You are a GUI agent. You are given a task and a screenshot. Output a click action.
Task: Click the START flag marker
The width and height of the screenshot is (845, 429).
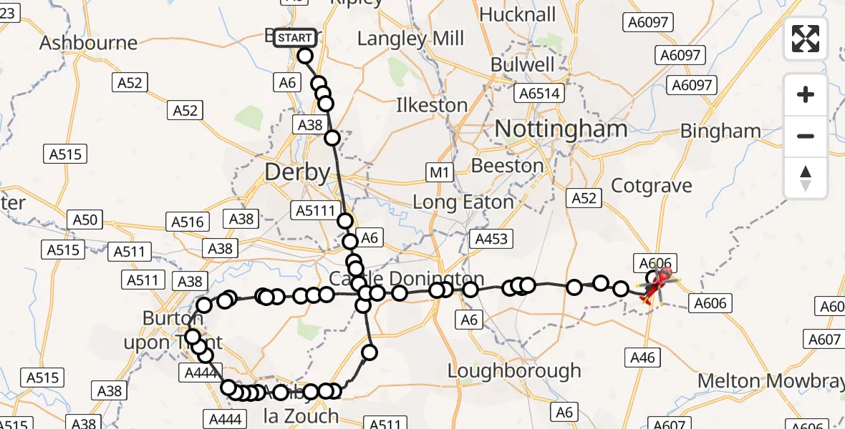pyautogui.click(x=294, y=37)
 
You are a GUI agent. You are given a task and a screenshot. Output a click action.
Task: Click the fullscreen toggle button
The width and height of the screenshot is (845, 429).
pyautogui.click(x=806, y=39)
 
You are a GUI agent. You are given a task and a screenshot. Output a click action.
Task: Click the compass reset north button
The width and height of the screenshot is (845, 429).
pyautogui.click(x=806, y=178)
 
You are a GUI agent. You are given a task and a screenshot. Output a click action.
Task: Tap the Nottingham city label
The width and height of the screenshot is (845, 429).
pyautogui.click(x=561, y=129)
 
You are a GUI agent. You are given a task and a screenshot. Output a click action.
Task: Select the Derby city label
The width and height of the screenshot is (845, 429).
pyautogui.click(x=297, y=172)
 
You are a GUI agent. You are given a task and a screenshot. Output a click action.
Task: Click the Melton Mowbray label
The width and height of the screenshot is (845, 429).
pyautogui.click(x=771, y=381)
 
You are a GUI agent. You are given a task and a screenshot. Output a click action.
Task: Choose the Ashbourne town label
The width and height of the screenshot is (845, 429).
pyautogui.click(x=88, y=43)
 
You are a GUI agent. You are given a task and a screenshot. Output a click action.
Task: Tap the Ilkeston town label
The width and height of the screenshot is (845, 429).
pyautogui.click(x=432, y=106)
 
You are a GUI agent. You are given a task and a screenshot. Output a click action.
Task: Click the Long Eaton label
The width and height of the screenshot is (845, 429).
pyautogui.click(x=463, y=202)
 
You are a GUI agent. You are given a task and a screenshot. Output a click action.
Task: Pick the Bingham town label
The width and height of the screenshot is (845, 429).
pyautogui.click(x=720, y=132)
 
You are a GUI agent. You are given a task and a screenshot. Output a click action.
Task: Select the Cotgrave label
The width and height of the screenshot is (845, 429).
pyautogui.click(x=652, y=186)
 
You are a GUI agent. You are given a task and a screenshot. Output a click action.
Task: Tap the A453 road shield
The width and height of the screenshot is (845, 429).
pyautogui.click(x=490, y=238)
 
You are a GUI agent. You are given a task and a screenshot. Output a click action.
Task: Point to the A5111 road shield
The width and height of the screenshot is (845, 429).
pyautogui.click(x=316, y=209)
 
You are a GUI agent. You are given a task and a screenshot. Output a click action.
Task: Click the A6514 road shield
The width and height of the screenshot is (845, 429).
pyautogui.click(x=541, y=93)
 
